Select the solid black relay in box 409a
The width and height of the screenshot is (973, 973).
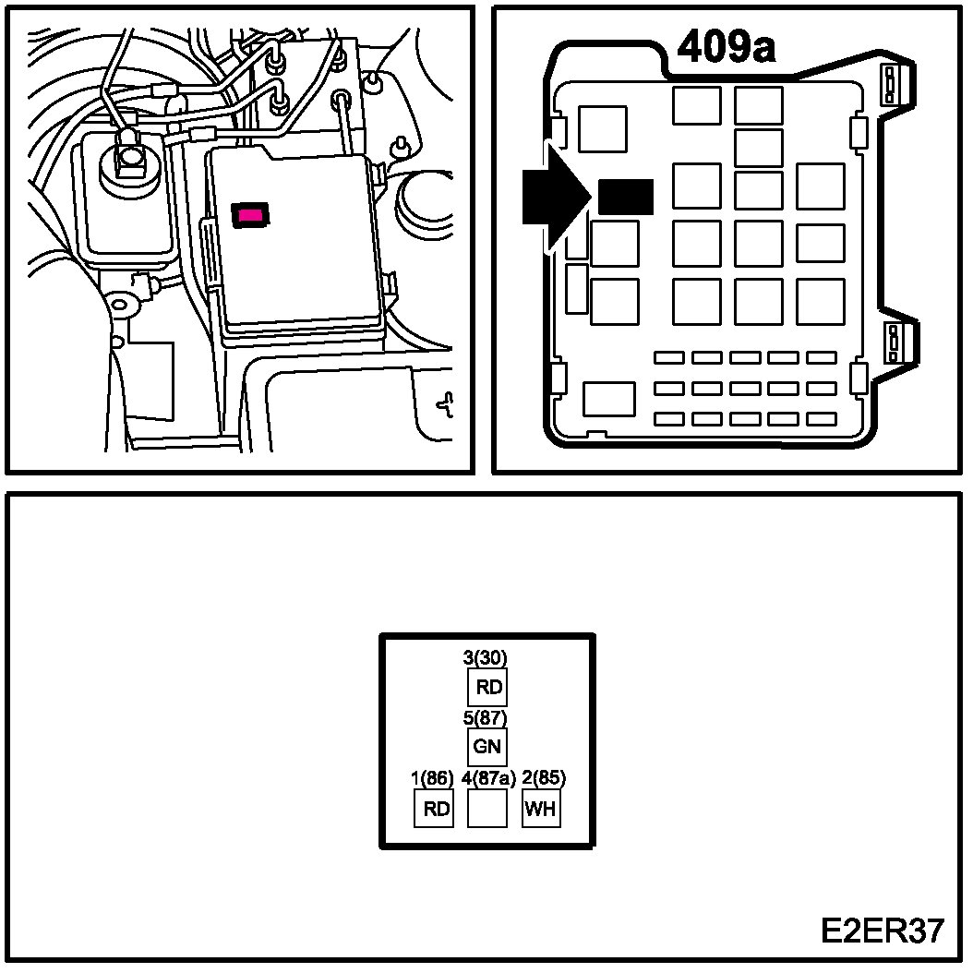pos(626,197)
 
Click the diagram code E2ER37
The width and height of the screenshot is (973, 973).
pos(882,931)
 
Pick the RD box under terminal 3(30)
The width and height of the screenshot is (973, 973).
pos(487,687)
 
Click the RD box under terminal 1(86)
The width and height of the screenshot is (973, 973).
pos(434,809)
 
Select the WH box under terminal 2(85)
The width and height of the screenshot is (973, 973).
pos(542,809)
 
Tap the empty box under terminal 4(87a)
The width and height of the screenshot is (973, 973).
pos(487,809)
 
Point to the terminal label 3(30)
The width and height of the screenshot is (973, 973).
pos(486,658)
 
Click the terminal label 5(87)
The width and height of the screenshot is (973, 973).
pos(486,717)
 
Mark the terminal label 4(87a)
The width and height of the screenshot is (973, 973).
pos(488,778)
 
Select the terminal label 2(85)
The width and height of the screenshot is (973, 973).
pos(544,778)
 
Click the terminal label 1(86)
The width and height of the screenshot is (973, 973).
pos(432,778)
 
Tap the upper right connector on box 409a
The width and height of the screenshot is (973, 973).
pos(891,88)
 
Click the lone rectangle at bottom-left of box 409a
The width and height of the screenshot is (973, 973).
pos(609,399)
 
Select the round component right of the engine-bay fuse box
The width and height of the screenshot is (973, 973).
pos(427,198)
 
